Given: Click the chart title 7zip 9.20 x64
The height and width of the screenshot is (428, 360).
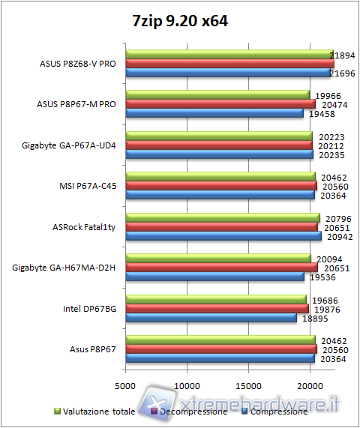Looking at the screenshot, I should pos(179,21).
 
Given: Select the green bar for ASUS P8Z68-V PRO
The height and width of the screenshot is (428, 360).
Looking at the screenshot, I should pos(229,55).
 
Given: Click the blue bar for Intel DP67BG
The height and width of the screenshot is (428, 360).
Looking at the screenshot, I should pos(211,317).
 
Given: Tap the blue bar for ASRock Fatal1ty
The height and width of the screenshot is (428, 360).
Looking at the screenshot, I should pos(223,236).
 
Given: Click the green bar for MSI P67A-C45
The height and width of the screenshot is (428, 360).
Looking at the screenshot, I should pos(220,177).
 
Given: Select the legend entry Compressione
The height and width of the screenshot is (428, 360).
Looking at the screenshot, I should pos(278,412).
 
